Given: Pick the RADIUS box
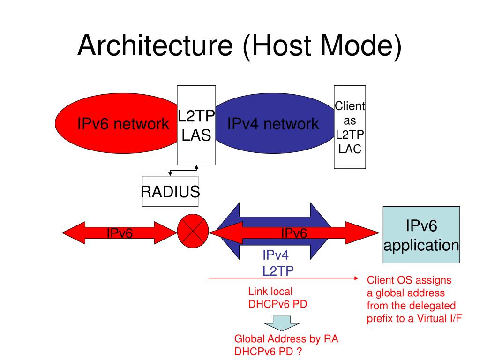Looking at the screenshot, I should pos(170,191).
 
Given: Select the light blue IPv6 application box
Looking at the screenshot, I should pos(421,234).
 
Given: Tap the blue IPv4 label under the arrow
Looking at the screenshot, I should pos(275,255).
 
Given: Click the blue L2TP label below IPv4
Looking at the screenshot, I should pos(279,270).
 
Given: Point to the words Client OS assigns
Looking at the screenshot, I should pos(409,280).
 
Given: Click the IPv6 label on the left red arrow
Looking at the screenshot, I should pos(120,233).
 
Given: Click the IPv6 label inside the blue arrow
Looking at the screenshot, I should pos(294,233).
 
